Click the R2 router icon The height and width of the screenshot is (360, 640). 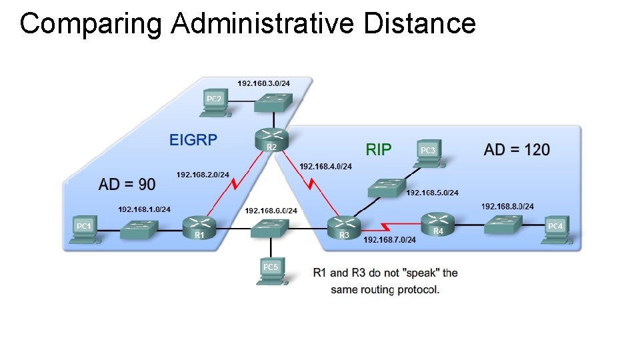click(x=271, y=139)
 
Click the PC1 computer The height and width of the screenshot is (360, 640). click(x=85, y=230)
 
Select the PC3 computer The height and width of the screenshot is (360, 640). click(x=429, y=153)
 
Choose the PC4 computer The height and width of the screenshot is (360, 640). click(x=555, y=229)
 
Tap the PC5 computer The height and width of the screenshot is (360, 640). click(x=271, y=271)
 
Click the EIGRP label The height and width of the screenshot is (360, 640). click(x=193, y=140)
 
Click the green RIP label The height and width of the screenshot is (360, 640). click(x=379, y=149)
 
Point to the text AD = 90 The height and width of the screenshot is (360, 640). click(x=127, y=183)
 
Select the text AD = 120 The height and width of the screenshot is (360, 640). click(x=517, y=149)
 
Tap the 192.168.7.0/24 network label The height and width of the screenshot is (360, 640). click(x=389, y=240)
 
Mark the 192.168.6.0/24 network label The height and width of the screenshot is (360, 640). click(x=271, y=211)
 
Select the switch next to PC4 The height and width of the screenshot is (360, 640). click(x=504, y=224)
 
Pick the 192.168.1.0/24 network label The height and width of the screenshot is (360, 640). click(x=144, y=209)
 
